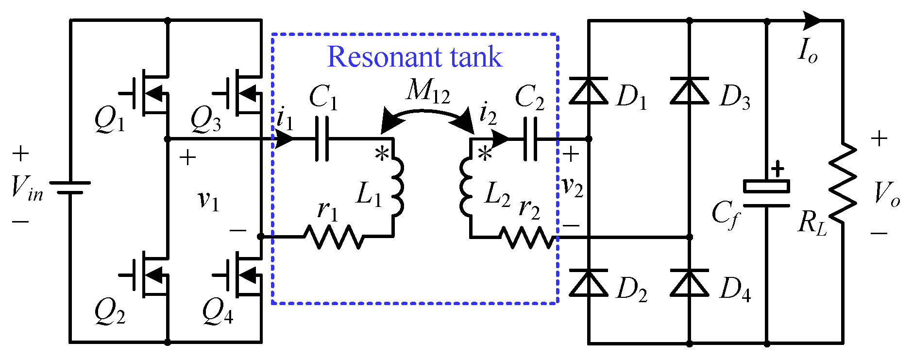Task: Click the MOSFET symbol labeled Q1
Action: pos(148,93)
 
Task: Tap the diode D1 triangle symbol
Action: pos(588,91)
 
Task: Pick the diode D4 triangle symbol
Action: pos(689,283)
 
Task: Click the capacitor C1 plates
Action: pos(322,139)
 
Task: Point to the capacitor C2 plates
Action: pos(531,139)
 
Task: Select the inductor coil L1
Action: pos(397,187)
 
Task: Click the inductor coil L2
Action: pos(467,187)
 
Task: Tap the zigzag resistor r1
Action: pos(333,237)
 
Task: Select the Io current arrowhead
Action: pos(812,21)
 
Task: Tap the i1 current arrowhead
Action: pos(285,139)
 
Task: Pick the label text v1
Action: pos(208,200)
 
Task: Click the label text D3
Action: pos(735,97)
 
